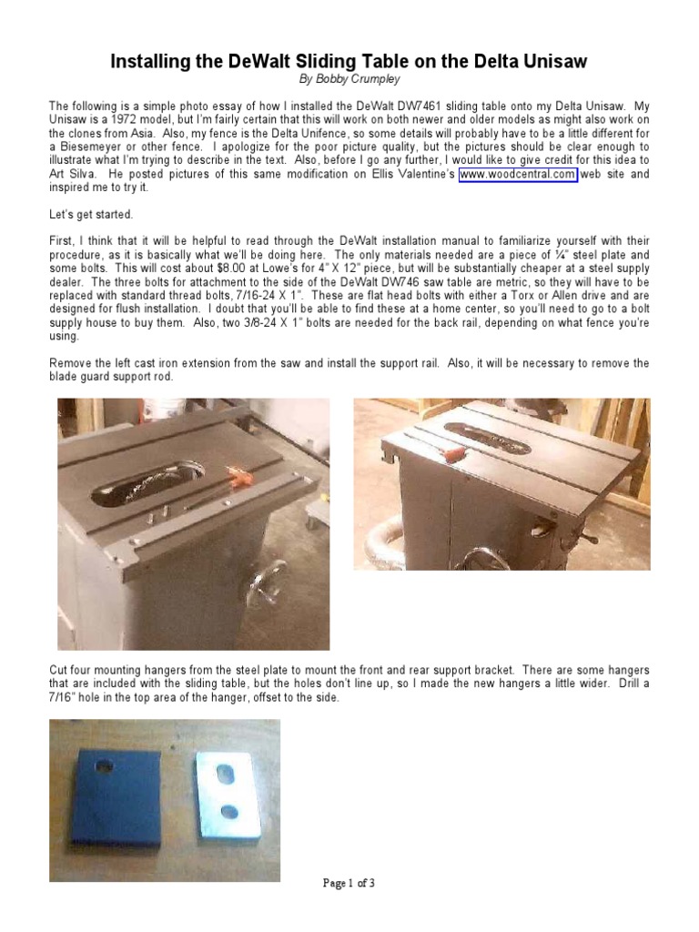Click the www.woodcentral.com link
(518, 174)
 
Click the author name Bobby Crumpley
(349, 80)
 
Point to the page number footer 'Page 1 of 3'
(349, 883)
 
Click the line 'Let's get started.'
(90, 214)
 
